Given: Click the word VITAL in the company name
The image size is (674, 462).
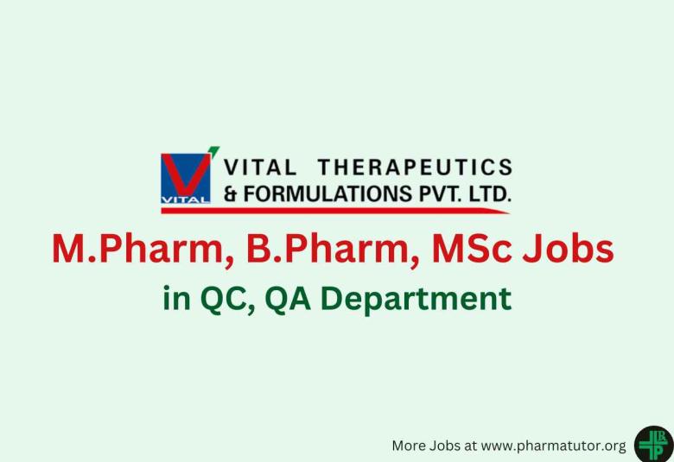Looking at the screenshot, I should (260, 167).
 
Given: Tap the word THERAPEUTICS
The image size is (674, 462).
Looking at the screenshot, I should (415, 167).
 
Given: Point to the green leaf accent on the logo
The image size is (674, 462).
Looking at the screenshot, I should (213, 151).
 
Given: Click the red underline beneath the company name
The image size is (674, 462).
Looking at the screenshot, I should (363, 210).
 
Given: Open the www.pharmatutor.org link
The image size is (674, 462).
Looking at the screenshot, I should (553, 446).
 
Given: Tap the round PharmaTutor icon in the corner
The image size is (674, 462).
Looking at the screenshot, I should (653, 444).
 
